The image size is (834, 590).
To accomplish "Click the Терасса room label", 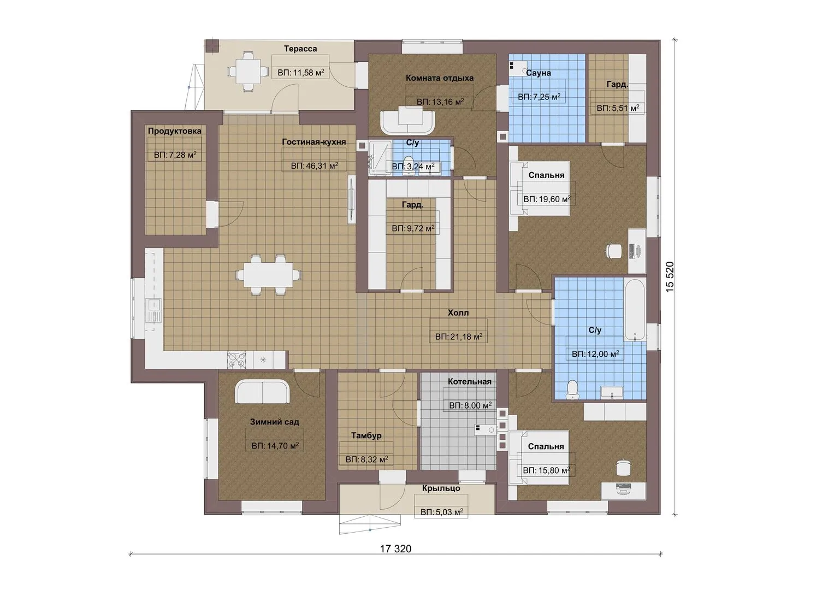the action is click(x=300, y=49).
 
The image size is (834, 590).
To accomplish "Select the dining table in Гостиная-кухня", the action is click(x=268, y=275).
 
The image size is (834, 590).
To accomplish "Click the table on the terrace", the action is click(x=247, y=71).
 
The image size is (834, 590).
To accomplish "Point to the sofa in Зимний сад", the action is click(x=262, y=392).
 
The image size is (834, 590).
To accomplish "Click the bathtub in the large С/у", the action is click(x=635, y=310).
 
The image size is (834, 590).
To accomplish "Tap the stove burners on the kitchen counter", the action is click(x=236, y=359).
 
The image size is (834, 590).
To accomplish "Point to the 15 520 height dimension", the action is click(x=670, y=277).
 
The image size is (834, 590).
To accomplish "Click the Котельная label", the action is click(x=470, y=381).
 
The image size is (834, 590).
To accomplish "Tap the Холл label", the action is click(x=458, y=313).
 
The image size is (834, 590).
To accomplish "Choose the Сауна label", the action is click(x=539, y=73).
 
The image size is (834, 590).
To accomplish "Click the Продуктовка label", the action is click(x=175, y=131).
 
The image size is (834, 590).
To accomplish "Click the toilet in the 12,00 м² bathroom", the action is click(x=571, y=389).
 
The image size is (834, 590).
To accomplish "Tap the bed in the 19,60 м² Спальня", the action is click(x=540, y=188).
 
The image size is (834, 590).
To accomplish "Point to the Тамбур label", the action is click(x=366, y=435).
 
